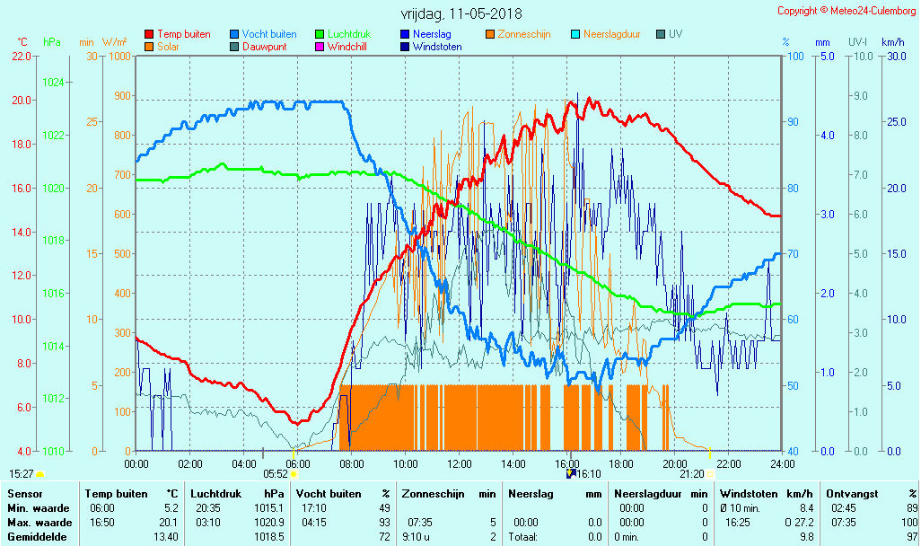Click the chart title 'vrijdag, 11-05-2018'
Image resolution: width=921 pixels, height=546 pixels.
point(460,14)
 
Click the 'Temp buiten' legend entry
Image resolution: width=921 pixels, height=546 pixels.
point(183,34)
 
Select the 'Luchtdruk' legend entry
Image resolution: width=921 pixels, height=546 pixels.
point(349,34)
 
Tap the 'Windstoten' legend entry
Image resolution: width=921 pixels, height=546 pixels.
point(437,47)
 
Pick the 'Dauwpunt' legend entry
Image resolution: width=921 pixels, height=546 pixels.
point(264,47)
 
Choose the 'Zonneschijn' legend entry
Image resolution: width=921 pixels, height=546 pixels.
point(525,34)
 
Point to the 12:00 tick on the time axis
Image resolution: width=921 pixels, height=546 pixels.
point(460,463)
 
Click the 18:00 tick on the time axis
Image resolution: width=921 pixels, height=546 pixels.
point(621,463)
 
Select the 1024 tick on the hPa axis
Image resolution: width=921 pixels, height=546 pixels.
point(53,83)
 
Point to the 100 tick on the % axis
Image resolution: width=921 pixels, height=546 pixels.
point(795,57)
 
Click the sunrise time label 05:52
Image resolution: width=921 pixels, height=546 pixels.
point(275,474)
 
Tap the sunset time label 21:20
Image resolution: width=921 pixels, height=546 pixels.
point(691,474)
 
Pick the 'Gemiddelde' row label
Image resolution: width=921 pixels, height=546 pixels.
point(35,536)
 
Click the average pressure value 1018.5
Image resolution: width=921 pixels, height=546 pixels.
point(270,536)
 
